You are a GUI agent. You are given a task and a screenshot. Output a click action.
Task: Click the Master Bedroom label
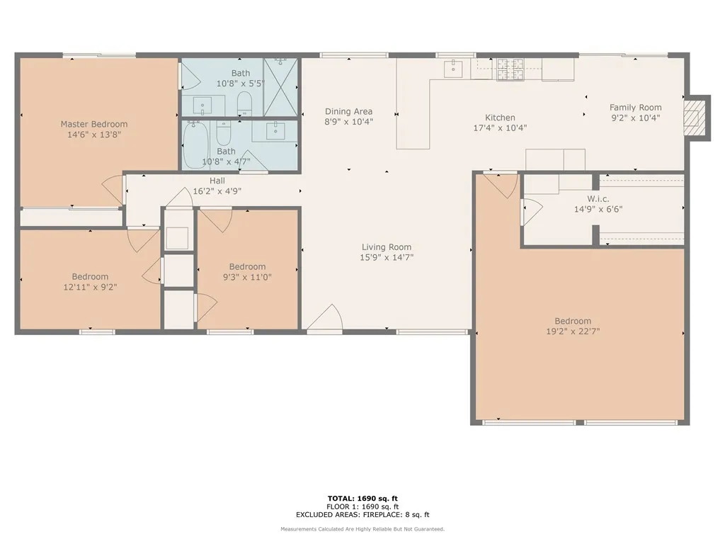tap(93, 124)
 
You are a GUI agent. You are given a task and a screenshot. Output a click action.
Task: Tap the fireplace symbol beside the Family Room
tap(697, 118)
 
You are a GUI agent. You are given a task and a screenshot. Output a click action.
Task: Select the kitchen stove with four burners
tap(510, 69)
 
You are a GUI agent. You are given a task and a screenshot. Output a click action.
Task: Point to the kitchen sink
tap(452, 68)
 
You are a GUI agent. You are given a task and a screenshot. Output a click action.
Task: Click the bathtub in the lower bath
tap(195, 146)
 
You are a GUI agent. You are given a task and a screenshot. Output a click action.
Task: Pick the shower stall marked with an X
tap(280, 87)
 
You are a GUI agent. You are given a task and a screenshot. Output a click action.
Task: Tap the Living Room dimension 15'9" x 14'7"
tap(387, 258)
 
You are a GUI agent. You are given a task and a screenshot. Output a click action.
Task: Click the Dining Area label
tap(348, 111)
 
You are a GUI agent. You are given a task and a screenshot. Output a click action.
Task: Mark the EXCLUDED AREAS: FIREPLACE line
tap(362, 515)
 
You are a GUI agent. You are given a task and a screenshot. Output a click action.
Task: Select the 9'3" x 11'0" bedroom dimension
tap(247, 277)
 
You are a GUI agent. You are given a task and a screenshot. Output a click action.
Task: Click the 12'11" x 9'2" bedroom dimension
tap(90, 287)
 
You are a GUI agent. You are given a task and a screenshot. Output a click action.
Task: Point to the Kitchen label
tap(500, 118)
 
